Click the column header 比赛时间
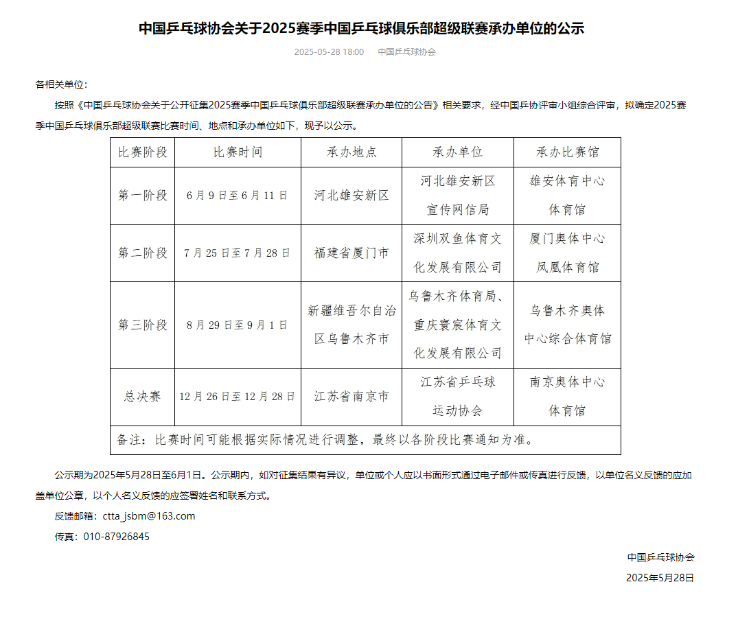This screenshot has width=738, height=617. (x=238, y=152)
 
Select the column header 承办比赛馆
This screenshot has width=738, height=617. (x=567, y=152)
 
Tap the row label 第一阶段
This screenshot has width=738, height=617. (x=143, y=196)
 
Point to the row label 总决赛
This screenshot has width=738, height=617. (x=143, y=397)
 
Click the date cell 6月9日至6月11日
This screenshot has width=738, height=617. (x=238, y=196)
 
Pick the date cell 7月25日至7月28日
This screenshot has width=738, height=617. (x=238, y=253)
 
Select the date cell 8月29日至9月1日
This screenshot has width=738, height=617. (x=238, y=325)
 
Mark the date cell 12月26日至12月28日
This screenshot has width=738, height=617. (x=238, y=397)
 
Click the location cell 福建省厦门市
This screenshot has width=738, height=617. (x=351, y=253)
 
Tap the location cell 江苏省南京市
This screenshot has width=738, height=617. (x=351, y=397)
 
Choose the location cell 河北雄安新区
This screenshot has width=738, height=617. (x=351, y=196)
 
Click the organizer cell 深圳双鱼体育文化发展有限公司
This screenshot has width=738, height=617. (x=458, y=253)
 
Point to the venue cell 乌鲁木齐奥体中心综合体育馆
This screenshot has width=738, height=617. (x=567, y=325)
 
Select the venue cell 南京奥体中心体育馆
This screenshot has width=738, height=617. (x=567, y=396)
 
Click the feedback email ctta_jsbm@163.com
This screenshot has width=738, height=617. (x=148, y=516)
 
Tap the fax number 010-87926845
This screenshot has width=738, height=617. (x=126, y=537)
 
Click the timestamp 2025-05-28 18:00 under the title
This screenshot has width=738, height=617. (x=329, y=52)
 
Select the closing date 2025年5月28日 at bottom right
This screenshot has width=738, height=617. (x=660, y=578)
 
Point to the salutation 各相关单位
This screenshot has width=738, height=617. (x=60, y=84)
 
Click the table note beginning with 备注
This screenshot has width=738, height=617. (x=325, y=440)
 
